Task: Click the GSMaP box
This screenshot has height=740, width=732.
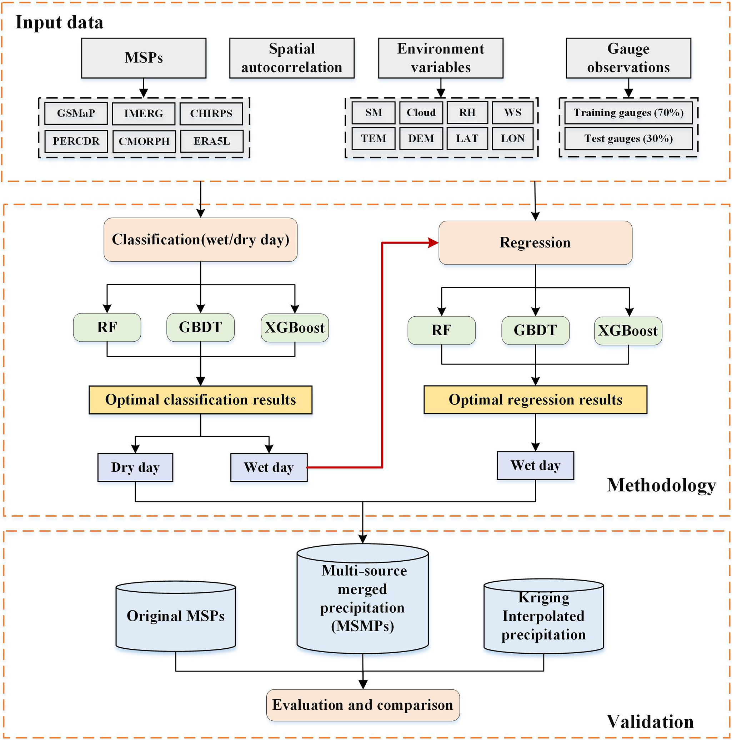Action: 76,113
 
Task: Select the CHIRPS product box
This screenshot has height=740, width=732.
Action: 211,114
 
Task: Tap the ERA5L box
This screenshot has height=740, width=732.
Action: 212,141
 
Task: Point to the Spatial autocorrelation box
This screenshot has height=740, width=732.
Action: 292,58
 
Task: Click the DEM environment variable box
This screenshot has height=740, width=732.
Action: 421,139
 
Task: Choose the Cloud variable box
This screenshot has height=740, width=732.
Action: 421,113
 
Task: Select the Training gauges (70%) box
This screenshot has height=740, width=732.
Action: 628,113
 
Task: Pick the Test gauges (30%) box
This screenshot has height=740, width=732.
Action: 628,139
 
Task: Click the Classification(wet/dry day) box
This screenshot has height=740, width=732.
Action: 201,240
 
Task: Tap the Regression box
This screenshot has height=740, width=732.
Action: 535,243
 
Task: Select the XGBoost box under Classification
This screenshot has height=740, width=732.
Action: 295,328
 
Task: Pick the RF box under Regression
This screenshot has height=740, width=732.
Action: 441,330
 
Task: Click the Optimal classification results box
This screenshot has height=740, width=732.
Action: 201,400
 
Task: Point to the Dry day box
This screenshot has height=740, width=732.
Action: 135,467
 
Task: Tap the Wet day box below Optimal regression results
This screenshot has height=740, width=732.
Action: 535,465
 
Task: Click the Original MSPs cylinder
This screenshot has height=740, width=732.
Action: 176,617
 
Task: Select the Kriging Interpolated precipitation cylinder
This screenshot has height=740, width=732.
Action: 543,617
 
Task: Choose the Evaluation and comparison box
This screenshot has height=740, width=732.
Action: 363,705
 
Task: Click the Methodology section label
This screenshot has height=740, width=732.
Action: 661,485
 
